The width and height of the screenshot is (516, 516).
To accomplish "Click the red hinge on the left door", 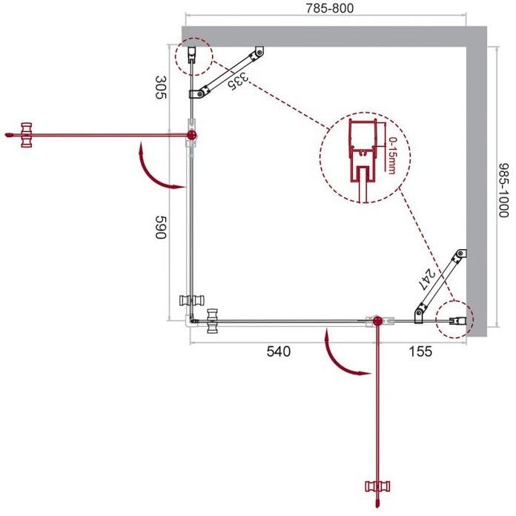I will point(192,135).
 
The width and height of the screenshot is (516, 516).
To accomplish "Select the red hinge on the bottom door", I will point(378,321).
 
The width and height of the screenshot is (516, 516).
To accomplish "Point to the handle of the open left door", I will point(27,135).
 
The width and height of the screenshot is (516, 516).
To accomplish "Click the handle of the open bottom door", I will point(377,487).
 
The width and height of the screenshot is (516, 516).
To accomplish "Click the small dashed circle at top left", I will point(193,56).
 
